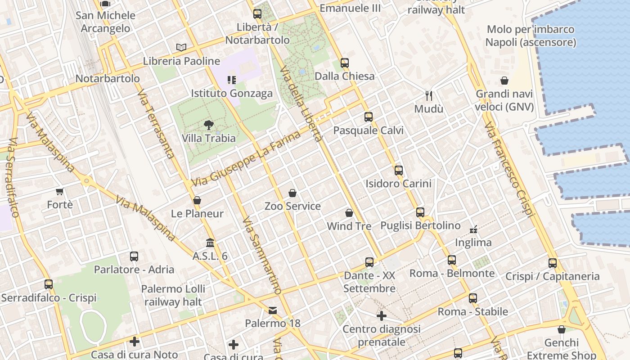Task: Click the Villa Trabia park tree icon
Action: [208, 125]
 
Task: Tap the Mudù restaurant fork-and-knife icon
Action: [429, 95]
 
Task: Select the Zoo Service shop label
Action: [292, 207]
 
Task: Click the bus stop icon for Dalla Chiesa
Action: [345, 63]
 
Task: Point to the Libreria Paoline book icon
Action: [181, 47]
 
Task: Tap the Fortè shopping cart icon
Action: [60, 191]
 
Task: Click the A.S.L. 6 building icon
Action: [210, 243]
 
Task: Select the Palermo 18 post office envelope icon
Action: [273, 310]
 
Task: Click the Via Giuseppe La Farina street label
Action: [246, 159]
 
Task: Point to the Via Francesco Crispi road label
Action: [509, 169]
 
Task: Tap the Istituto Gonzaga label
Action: [232, 94]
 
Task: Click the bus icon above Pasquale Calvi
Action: [369, 117]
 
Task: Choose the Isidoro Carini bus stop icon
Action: [398, 170]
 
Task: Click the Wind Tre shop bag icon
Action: [349, 213]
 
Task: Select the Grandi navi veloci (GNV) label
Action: [504, 100]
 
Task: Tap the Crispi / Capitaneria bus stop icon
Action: [553, 263]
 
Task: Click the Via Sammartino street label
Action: [261, 256]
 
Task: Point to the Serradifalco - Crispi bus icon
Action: [49, 284]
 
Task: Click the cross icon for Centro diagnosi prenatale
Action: [382, 316]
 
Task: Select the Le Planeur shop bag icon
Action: [197, 200]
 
